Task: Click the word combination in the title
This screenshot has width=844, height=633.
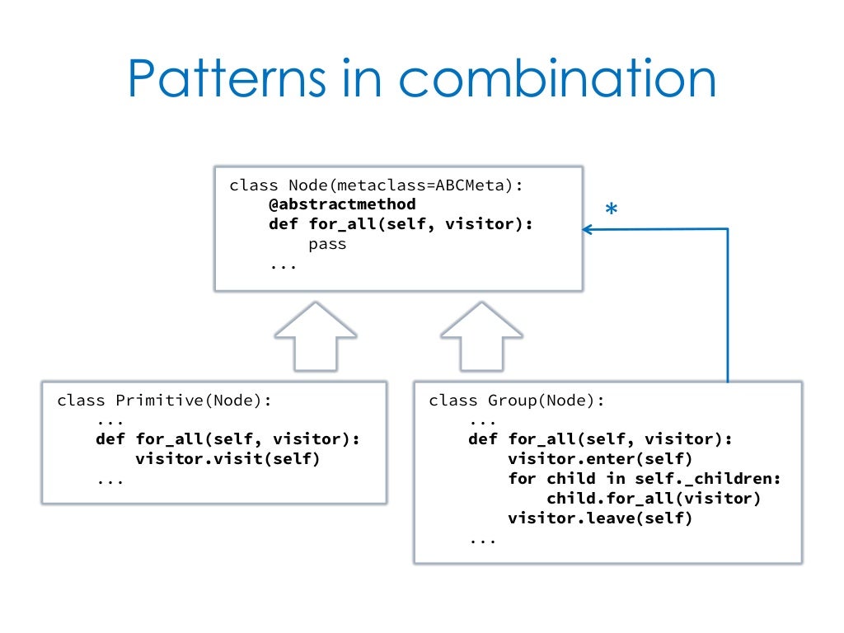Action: coord(557,80)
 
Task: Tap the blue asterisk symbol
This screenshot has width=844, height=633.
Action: coord(611,210)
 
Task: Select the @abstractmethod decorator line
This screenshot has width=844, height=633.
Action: coord(342,204)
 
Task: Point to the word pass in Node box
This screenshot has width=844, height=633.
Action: coord(327,244)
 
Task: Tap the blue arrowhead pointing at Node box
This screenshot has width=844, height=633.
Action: coord(588,230)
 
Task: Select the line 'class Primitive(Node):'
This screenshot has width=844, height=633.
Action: coord(164,401)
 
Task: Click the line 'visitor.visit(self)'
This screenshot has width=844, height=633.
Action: coord(227,459)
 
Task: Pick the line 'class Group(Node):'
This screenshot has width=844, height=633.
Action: coord(517,401)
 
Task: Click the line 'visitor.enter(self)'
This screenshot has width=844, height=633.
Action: coord(600,459)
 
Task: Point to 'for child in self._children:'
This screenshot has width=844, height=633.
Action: coord(644,479)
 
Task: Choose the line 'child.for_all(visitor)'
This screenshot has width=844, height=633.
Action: coord(653,499)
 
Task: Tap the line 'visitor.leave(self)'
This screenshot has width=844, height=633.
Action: coord(600,518)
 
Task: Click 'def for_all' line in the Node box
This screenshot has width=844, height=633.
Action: coord(401,223)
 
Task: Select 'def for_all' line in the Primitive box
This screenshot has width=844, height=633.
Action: coord(228,439)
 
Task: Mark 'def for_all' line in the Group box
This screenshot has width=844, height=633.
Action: coord(600,439)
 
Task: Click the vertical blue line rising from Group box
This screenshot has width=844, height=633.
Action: coord(728,313)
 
